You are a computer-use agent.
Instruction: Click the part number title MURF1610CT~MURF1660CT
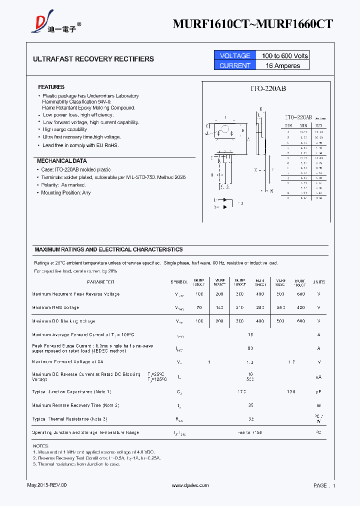pos(252,23)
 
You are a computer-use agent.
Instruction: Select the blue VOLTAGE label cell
pos(234,55)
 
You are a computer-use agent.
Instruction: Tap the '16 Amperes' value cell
pos(283,65)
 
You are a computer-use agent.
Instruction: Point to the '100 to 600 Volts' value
pos(283,55)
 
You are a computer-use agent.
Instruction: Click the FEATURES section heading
pos(51,87)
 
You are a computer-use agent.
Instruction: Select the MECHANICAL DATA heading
pos(61,161)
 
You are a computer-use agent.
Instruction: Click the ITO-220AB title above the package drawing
pos(268,88)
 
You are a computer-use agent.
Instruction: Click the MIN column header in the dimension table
pos(303,125)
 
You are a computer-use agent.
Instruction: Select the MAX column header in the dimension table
pos(319,125)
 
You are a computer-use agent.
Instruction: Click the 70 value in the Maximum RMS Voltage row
pos(199,308)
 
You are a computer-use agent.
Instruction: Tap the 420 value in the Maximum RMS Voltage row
pos(300,308)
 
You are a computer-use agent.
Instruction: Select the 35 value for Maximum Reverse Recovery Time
pos(250,405)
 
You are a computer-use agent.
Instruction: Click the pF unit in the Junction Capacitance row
pos(318,392)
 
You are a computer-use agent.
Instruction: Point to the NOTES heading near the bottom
pos(40,445)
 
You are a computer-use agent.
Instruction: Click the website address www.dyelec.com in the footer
pos(190,485)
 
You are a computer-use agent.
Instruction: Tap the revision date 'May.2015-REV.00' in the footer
pos(46,485)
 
